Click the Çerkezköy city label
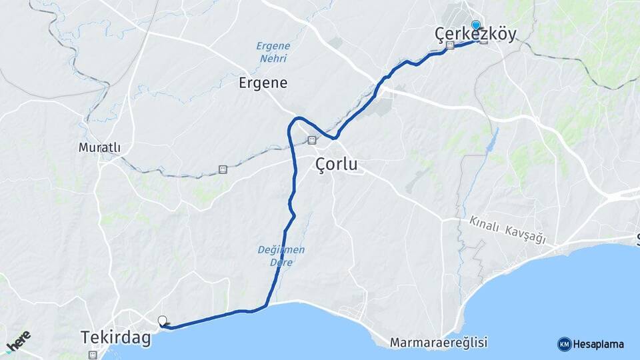pos(475,35)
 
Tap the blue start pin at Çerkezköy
pos(475,25)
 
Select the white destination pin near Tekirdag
pos(162,321)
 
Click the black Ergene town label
pos(263,83)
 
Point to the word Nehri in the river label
pos(273,59)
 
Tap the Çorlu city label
pos(336,164)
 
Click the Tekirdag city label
pos(116,337)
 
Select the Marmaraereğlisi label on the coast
pos(439,343)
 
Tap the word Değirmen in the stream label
pos(281,250)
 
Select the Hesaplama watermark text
pos(599,345)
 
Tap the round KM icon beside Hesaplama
pos(564,345)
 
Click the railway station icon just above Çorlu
pos(311,140)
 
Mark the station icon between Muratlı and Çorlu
pos(222,169)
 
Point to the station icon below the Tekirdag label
pos(92,355)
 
